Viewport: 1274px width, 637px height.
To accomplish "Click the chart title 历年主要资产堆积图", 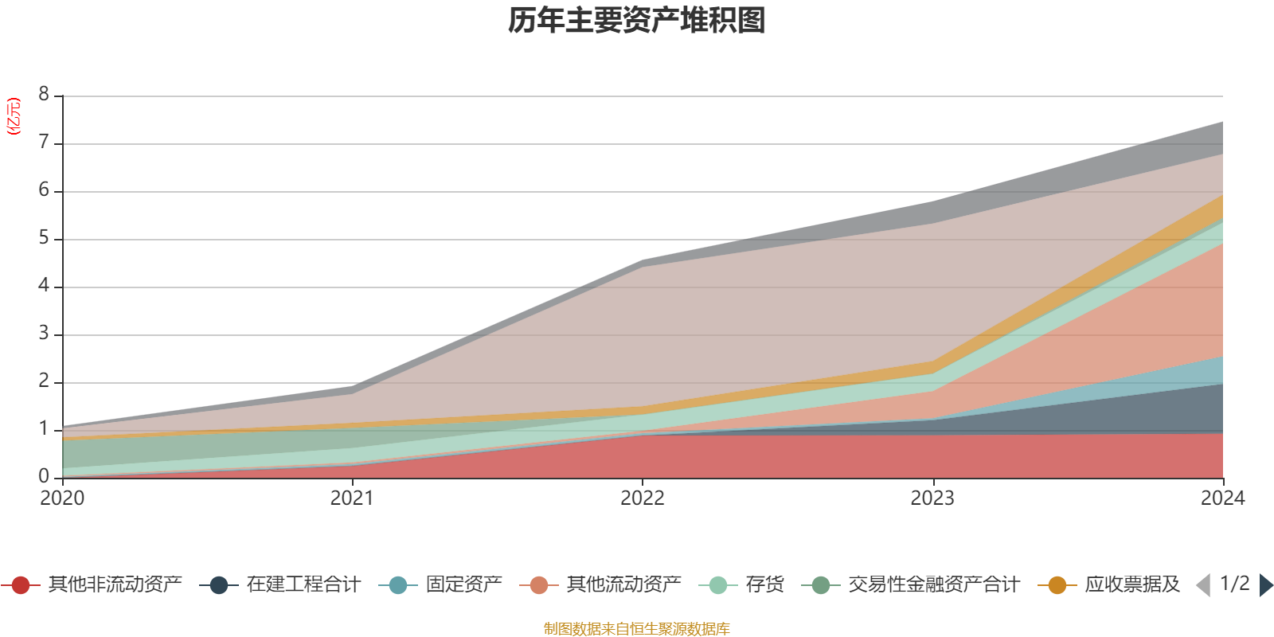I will pyautogui.click(x=637, y=21).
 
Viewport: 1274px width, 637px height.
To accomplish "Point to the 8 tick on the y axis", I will pyautogui.click(x=44, y=95).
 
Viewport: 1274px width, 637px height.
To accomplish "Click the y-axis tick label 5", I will pyautogui.click(x=44, y=238).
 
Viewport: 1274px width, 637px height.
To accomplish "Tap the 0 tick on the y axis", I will pyautogui.click(x=44, y=476).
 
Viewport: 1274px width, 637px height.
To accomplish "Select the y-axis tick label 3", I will pyautogui.click(x=44, y=334).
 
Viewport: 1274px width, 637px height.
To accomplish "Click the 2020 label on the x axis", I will pyautogui.click(x=62, y=498).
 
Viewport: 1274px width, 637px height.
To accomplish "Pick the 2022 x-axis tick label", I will pyautogui.click(x=643, y=498).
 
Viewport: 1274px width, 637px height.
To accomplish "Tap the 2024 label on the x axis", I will pyautogui.click(x=1222, y=498).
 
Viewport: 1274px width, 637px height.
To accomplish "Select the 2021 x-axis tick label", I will pyautogui.click(x=352, y=498).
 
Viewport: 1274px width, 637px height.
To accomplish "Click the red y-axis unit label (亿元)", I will pyautogui.click(x=14, y=116).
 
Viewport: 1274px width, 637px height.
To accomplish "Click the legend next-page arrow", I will pyautogui.click(x=1265, y=585).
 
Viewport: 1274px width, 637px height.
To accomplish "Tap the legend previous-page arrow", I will pyautogui.click(x=1203, y=585).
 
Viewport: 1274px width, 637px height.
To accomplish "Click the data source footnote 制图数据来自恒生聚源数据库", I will pyautogui.click(x=637, y=629).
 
